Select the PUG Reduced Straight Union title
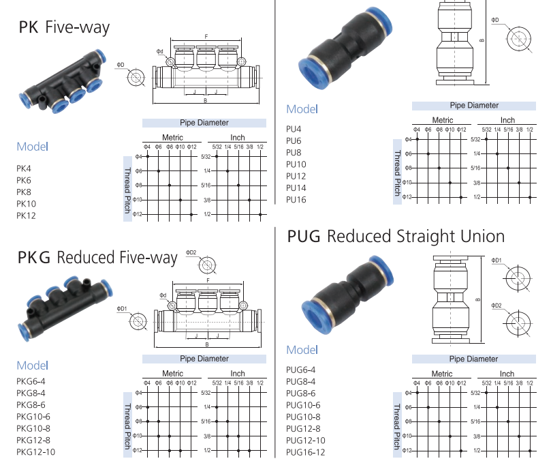click(396, 236)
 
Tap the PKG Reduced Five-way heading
click(97, 258)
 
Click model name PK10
click(27, 204)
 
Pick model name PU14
click(296, 188)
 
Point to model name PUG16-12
click(306, 452)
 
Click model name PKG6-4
click(31, 381)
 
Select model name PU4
click(294, 128)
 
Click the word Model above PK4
click(33, 147)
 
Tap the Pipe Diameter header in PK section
click(204, 123)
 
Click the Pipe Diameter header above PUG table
click(474, 359)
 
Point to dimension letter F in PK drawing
click(206, 35)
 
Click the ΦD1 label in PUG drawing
click(497, 260)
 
